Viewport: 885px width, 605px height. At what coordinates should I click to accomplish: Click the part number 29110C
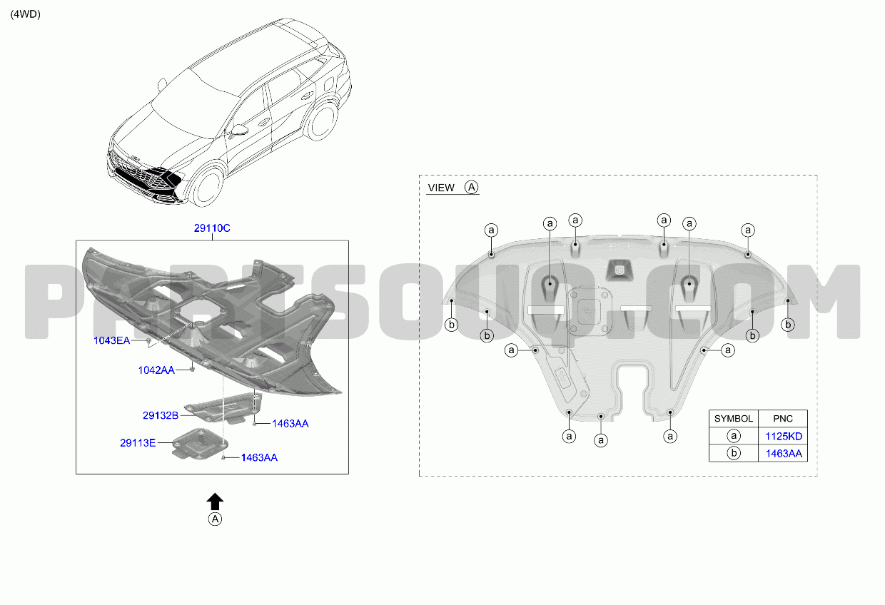pyautogui.click(x=212, y=228)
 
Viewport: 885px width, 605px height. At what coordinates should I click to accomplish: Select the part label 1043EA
pyautogui.click(x=111, y=340)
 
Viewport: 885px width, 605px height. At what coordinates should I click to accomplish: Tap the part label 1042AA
pyautogui.click(x=156, y=370)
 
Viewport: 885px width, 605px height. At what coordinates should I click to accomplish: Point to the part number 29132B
pyautogui.click(x=161, y=415)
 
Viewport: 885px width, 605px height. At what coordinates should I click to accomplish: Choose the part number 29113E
pyautogui.click(x=138, y=443)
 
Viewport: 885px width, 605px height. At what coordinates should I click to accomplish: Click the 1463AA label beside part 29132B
pyautogui.click(x=290, y=424)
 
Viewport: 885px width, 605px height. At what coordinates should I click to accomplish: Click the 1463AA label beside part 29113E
pyautogui.click(x=260, y=458)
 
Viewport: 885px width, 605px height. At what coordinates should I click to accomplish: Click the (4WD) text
pyautogui.click(x=25, y=14)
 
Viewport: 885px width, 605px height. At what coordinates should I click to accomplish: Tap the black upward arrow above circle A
pyautogui.click(x=215, y=502)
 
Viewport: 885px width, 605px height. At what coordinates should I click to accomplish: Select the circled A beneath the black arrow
pyautogui.click(x=215, y=519)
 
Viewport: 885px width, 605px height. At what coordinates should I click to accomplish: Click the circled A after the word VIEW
pyautogui.click(x=471, y=187)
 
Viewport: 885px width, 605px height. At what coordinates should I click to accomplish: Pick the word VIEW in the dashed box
pyautogui.click(x=441, y=188)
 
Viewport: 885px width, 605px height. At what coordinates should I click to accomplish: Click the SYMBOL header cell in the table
pyautogui.click(x=734, y=419)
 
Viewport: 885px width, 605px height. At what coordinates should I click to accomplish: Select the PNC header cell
pyautogui.click(x=783, y=419)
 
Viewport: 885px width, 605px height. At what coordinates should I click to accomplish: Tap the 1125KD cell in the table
pyautogui.click(x=784, y=437)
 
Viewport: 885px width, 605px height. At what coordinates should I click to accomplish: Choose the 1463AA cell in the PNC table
pyautogui.click(x=784, y=454)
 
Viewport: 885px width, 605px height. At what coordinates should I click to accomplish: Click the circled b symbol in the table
pyautogui.click(x=734, y=453)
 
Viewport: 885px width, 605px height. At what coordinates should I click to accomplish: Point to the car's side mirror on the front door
pyautogui.click(x=238, y=131)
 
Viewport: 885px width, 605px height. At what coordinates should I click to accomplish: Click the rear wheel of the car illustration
pyautogui.click(x=322, y=121)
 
